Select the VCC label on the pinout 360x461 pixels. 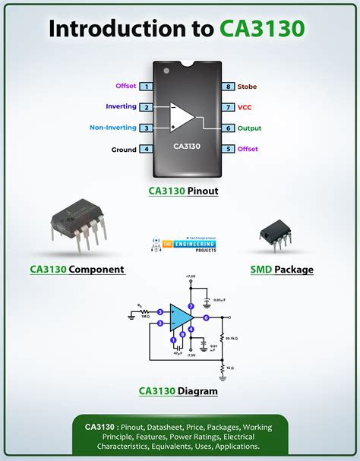click(x=245, y=108)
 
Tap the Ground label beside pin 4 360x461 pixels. click(x=124, y=150)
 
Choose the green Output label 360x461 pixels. click(x=249, y=128)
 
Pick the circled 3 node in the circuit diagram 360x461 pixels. click(x=160, y=311)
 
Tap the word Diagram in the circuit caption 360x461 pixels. click(x=197, y=391)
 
